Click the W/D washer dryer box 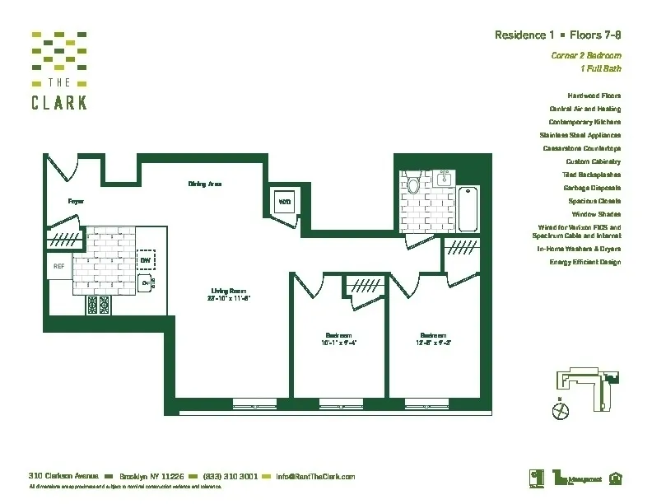pos(283,202)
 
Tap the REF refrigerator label pos(58,266)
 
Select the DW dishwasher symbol pos(145,260)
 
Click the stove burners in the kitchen pos(98,306)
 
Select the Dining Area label pos(205,184)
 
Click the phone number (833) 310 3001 pos(231,477)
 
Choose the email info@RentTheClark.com pos(315,477)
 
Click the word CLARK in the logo pos(59,103)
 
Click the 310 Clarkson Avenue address pos(64,477)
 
